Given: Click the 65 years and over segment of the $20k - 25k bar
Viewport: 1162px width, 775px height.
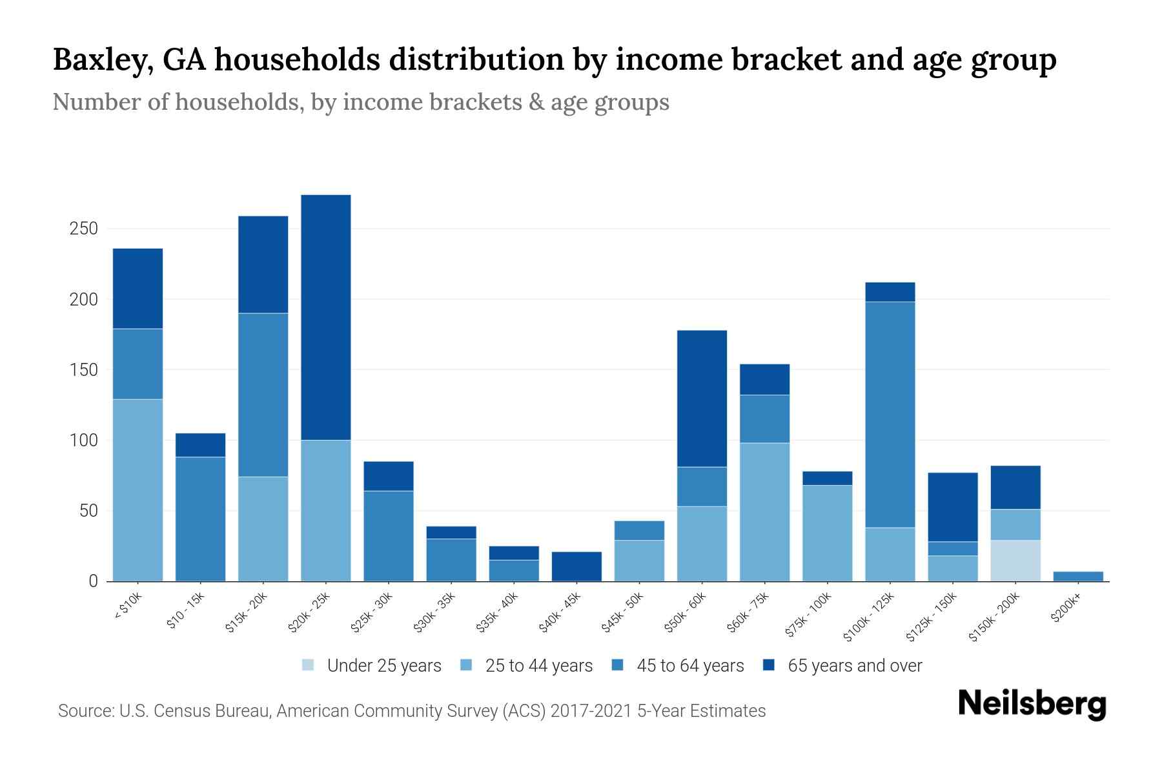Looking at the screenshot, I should (x=326, y=317).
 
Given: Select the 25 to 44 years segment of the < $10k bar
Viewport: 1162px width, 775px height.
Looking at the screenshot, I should (x=138, y=490).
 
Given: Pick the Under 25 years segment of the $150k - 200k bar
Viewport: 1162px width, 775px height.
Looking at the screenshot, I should (x=1015, y=561).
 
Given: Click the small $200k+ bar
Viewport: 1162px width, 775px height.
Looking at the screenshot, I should (x=1078, y=576).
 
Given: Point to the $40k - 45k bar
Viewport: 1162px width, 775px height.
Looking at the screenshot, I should (x=576, y=566).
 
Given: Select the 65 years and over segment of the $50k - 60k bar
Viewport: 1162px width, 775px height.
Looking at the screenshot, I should (x=702, y=398).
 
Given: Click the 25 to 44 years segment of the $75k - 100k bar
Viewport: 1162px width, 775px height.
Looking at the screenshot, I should (x=828, y=533).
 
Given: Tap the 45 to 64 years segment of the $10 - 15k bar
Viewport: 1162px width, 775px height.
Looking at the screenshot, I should (x=201, y=519).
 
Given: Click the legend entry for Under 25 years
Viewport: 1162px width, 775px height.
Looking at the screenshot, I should (x=372, y=666).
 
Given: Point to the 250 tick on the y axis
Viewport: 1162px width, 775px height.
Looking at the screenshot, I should (x=84, y=229).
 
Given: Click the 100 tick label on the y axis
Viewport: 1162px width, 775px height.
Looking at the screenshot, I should (x=84, y=440).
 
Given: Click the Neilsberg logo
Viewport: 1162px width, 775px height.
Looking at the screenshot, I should (x=1032, y=704).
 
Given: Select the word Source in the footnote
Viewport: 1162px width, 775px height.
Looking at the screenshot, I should (x=84, y=711).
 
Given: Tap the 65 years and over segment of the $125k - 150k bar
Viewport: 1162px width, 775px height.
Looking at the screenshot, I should (x=953, y=507).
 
